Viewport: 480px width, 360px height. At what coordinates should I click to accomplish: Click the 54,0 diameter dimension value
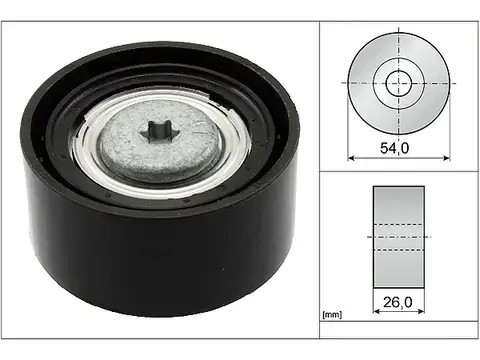[x=399, y=147]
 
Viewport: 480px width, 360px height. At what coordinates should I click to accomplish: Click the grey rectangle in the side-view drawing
[x=398, y=235]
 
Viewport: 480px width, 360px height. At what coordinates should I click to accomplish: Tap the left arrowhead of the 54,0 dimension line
[x=350, y=159]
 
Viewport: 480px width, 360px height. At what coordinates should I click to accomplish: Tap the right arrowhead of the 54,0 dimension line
[x=447, y=159]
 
